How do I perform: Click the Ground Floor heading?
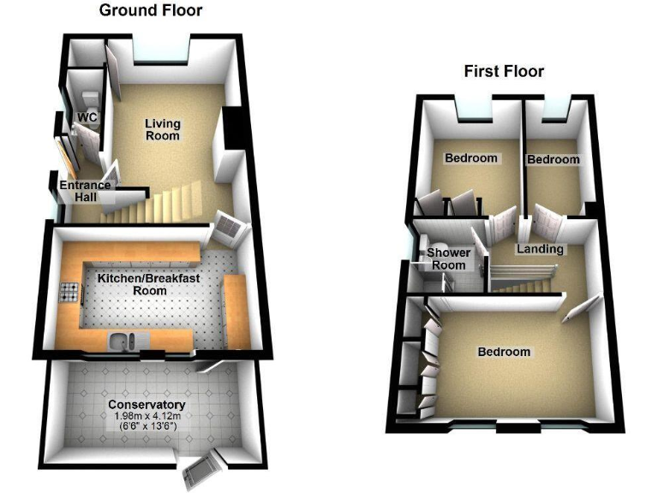click(x=151, y=11)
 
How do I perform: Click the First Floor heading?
click(x=504, y=71)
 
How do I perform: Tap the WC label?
click(x=87, y=117)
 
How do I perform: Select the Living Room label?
click(x=162, y=129)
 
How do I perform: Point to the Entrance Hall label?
click(x=84, y=191)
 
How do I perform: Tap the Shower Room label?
click(x=448, y=258)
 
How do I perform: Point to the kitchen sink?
click(x=123, y=343)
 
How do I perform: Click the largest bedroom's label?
click(x=504, y=352)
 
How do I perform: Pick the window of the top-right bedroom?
click(x=557, y=109)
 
